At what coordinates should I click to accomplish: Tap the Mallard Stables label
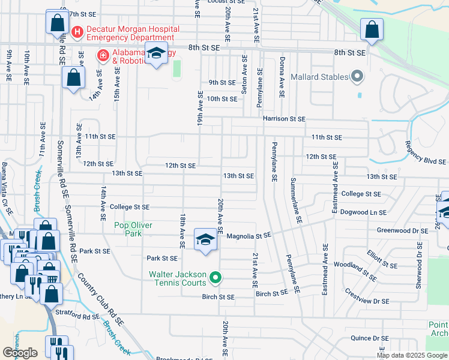tap(319, 77)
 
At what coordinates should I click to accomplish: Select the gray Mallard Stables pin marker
tap(358, 76)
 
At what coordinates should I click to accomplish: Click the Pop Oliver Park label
tap(133, 229)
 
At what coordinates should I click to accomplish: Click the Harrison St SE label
tap(283, 119)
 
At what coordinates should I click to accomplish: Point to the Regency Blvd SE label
tap(426, 153)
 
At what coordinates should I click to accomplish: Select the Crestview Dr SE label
tap(366, 297)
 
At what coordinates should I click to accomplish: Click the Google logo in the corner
tap(20, 353)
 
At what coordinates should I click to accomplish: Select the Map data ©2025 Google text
tap(411, 355)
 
